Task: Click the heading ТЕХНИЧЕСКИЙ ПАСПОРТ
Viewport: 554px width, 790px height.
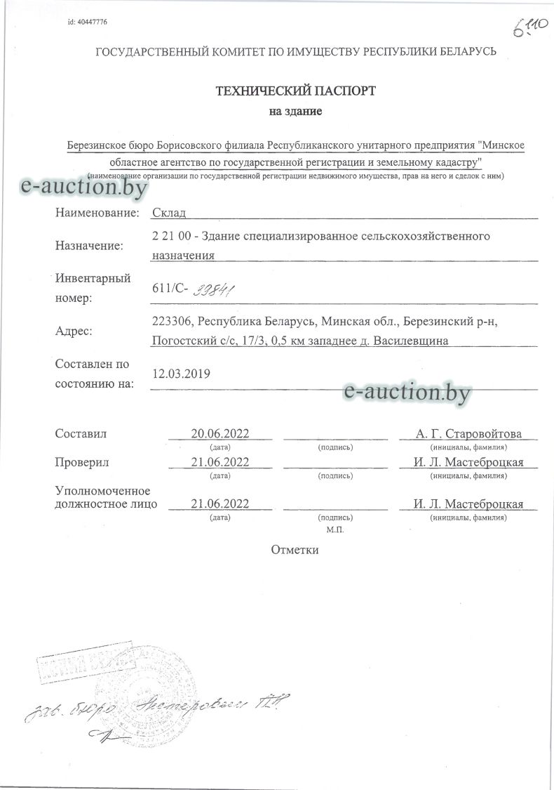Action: point(296,91)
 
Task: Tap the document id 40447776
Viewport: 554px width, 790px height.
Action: point(88,22)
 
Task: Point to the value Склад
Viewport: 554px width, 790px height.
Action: point(169,213)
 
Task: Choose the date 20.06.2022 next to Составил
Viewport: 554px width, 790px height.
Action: point(220,433)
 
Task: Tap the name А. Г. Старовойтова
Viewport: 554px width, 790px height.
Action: point(468,433)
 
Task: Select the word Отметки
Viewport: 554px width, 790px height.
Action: point(295,549)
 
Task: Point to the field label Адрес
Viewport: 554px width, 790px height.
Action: point(74,331)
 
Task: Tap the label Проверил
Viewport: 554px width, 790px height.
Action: point(82,462)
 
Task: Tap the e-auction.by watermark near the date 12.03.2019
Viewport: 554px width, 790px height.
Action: point(407,392)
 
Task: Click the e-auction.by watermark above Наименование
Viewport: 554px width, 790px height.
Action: point(84,186)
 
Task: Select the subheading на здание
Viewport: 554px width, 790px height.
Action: point(295,112)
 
